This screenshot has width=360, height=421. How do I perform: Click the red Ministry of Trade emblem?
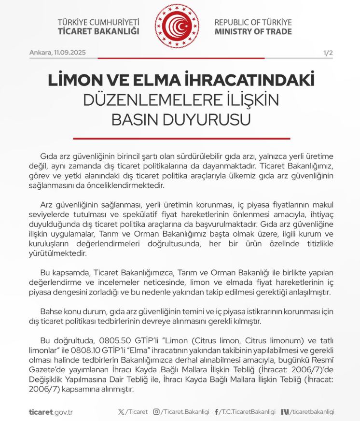tap(180, 26)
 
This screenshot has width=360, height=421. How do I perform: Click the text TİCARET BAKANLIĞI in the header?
tap(98, 31)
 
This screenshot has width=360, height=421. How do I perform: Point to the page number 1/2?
tap(328, 53)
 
